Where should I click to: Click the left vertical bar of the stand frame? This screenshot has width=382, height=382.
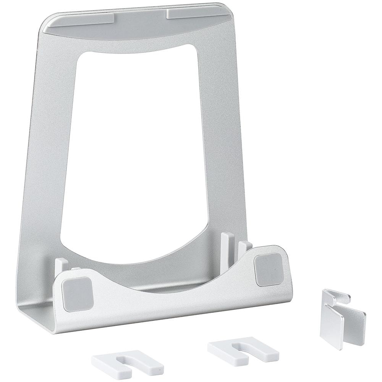coord(46,153)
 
